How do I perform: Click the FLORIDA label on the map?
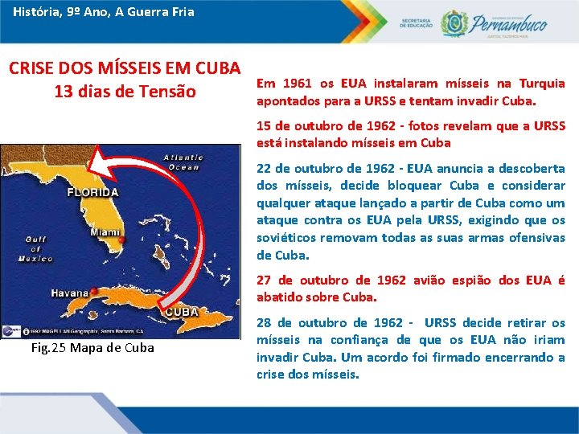[93, 193]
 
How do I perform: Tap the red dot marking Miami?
[121, 240]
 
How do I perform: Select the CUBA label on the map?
[183, 311]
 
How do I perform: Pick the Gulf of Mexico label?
[38, 248]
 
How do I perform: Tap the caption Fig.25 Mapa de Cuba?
[92, 348]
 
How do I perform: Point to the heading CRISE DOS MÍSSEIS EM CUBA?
[125, 68]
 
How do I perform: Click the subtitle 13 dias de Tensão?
[125, 92]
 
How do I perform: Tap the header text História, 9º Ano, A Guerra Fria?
[103, 12]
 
